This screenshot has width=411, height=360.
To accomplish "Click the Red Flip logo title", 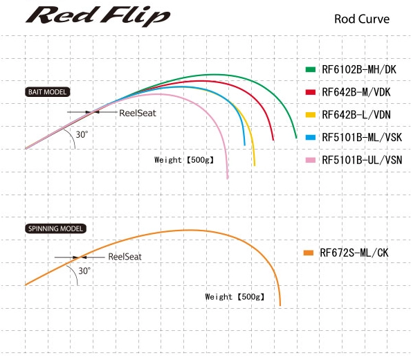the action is point(98,16).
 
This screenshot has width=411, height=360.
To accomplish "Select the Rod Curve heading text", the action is point(362,19).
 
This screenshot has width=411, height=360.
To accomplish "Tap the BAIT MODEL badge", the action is point(48,92).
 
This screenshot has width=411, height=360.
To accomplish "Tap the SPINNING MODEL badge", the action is point(55,228).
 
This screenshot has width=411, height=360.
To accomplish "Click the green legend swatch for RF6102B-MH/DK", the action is point(311,69).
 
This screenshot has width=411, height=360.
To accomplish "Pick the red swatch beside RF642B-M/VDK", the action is point(311,92).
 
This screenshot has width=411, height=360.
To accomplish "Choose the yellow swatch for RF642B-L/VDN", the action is point(311,115).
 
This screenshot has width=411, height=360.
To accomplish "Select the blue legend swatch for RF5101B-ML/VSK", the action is point(311,137).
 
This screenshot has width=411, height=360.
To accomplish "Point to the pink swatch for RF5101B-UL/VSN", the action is point(311,160).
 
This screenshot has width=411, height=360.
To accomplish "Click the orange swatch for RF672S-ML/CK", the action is point(309,253).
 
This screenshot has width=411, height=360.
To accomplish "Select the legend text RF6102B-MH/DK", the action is point(359,69).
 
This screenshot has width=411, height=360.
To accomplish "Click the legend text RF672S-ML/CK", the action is point(354,253).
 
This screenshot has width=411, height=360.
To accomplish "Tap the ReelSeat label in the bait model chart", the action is point(138,114).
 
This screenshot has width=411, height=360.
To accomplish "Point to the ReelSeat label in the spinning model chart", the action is point(125,257).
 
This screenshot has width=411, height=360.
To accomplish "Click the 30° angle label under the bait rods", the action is point(82,134).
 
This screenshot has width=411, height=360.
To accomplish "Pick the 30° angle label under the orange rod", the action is point(84,271).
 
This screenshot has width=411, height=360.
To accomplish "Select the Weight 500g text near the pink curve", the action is point(184,160).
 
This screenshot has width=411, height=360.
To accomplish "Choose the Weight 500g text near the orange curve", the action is point(235,297).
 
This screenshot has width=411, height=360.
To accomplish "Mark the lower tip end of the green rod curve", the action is point(296,138).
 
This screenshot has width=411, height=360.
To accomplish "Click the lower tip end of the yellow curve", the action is point(254,165).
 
